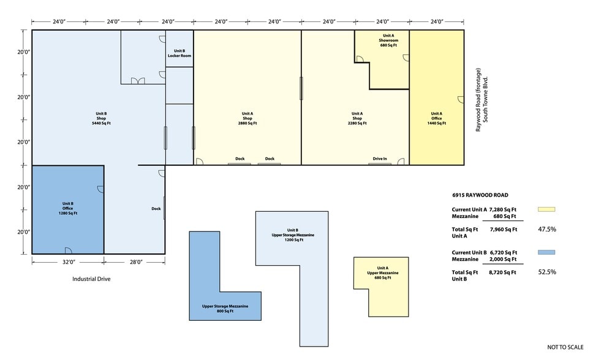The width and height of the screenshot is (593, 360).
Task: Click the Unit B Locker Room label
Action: click(x=179, y=53)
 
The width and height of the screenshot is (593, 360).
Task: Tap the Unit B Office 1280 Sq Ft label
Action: click(x=68, y=208)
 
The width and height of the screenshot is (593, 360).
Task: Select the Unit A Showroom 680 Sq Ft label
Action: click(x=388, y=40)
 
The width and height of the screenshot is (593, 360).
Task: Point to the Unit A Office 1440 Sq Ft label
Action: click(x=436, y=118)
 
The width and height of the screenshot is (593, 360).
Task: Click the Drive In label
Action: click(x=380, y=159)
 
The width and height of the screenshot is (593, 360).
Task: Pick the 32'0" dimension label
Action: click(x=69, y=261)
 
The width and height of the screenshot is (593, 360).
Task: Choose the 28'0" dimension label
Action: click(x=136, y=261)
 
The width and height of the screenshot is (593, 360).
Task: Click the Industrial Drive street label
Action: click(x=91, y=279)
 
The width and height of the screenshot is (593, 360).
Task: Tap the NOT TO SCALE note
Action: click(x=565, y=347)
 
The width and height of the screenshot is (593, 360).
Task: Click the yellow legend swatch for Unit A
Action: click(x=546, y=209)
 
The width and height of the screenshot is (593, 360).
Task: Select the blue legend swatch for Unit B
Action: click(x=546, y=252)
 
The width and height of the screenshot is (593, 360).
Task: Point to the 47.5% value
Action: click(x=547, y=229)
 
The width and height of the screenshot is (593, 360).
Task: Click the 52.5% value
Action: click(x=547, y=272)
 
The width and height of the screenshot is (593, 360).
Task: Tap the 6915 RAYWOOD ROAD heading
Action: click(x=480, y=195)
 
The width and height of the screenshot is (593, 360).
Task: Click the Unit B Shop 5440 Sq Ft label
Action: click(x=101, y=118)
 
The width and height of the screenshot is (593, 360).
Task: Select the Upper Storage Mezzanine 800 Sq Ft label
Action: click(x=225, y=309)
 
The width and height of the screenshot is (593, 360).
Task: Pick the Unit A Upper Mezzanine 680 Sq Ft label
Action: click(x=383, y=272)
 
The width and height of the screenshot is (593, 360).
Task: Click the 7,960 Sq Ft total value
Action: click(x=504, y=229)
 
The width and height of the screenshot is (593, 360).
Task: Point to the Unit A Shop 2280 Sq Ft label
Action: click(x=357, y=118)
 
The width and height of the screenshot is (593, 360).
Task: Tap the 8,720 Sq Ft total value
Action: click(x=502, y=272)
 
